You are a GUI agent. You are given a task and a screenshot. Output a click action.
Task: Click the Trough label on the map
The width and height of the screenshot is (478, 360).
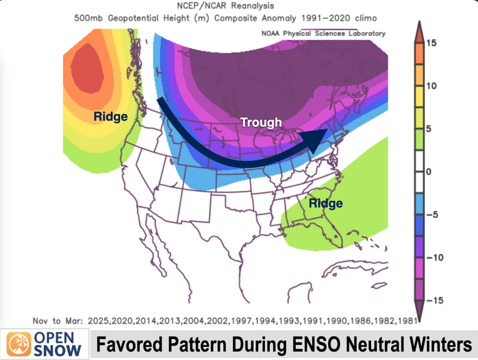261,122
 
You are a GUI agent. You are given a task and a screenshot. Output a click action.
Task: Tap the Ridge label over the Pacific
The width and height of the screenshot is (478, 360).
110,117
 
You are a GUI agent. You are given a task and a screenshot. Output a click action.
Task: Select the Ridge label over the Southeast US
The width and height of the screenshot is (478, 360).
325,204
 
